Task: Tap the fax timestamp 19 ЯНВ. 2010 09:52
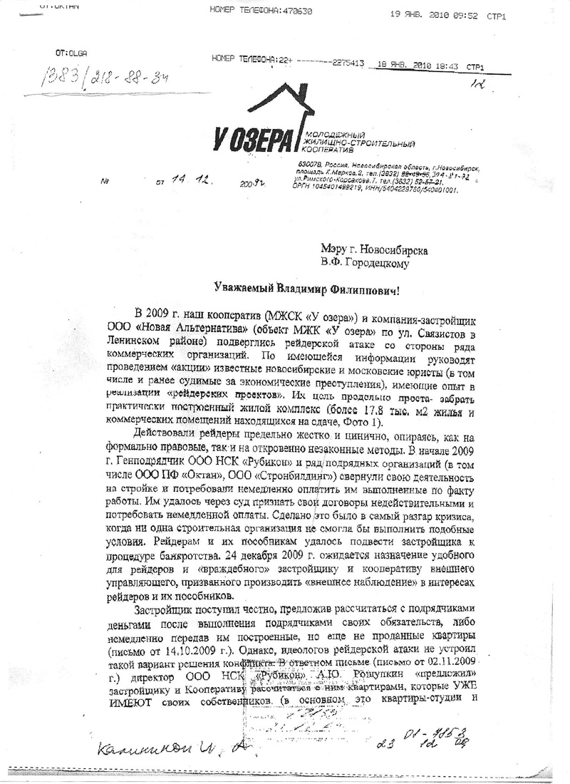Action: tap(434, 14)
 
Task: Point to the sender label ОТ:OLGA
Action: tap(71, 53)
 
